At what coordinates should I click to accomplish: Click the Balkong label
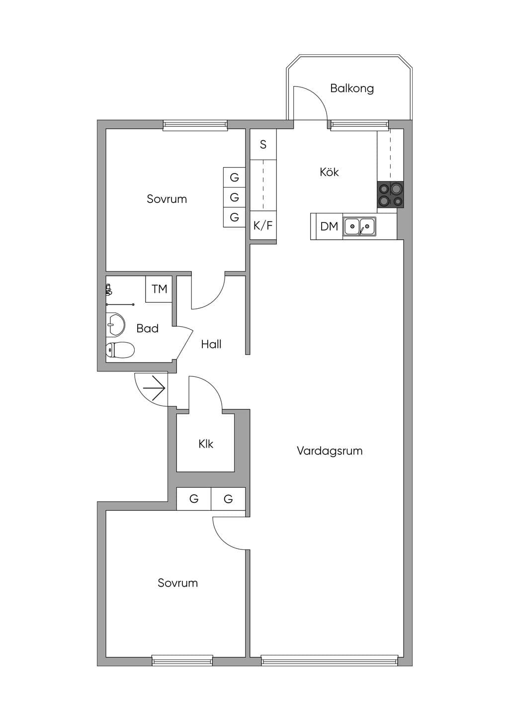click(352, 88)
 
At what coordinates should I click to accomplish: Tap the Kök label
click(329, 172)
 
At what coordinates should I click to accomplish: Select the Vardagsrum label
click(330, 450)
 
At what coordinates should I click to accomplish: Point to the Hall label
click(211, 344)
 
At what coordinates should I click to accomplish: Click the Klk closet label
click(206, 444)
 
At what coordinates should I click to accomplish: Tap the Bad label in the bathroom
click(148, 328)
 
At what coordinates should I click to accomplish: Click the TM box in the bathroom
click(159, 289)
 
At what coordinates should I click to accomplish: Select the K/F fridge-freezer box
click(263, 225)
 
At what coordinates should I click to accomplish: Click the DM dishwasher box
click(327, 226)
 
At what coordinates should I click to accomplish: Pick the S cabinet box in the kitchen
click(263, 144)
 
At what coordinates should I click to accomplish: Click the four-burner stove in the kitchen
click(390, 194)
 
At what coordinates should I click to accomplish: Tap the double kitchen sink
click(359, 227)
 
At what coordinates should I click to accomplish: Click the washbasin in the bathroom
click(115, 324)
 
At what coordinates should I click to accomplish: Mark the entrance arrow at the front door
click(154, 388)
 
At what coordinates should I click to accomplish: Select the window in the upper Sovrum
click(195, 125)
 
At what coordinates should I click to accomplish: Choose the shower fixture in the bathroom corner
click(109, 289)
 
